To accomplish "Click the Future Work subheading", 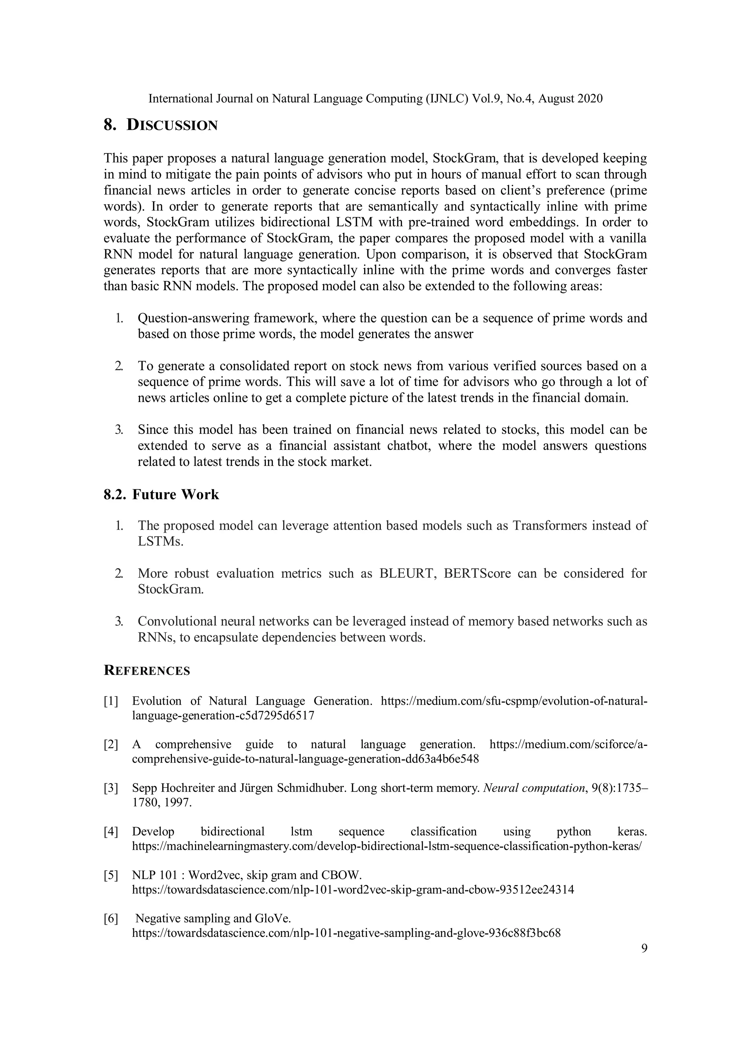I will click(175, 494).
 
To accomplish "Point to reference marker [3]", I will click(111, 788).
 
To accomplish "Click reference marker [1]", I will click(111, 701).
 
